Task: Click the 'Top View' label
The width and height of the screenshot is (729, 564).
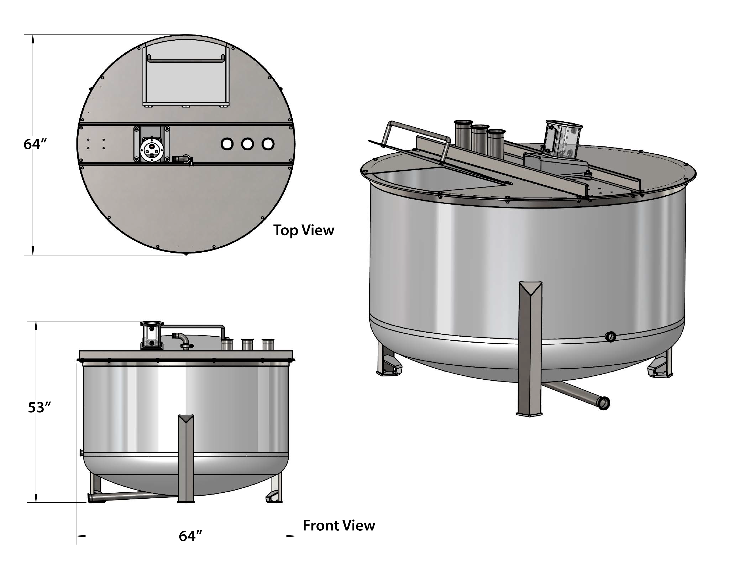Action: click(x=303, y=230)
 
